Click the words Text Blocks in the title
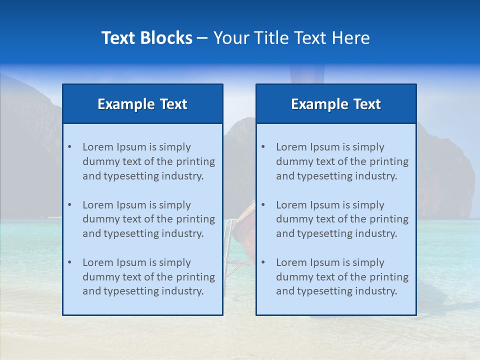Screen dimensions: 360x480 pyautogui.click(x=146, y=38)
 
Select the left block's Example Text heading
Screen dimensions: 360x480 pyautogui.click(x=142, y=104)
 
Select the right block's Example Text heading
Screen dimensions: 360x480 pyautogui.click(x=336, y=104)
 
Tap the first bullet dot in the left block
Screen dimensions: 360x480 pyautogui.click(x=69, y=147)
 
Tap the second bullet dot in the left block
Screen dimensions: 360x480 pyautogui.click(x=69, y=205)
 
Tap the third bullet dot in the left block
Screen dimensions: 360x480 pyautogui.click(x=69, y=262)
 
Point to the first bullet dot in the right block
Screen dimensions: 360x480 pyautogui.click(x=263, y=147)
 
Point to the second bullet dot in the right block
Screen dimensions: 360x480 pyautogui.click(x=263, y=205)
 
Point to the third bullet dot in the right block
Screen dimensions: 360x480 pyautogui.click(x=263, y=262)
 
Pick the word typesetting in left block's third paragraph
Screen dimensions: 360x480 pyautogui.click(x=132, y=291)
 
